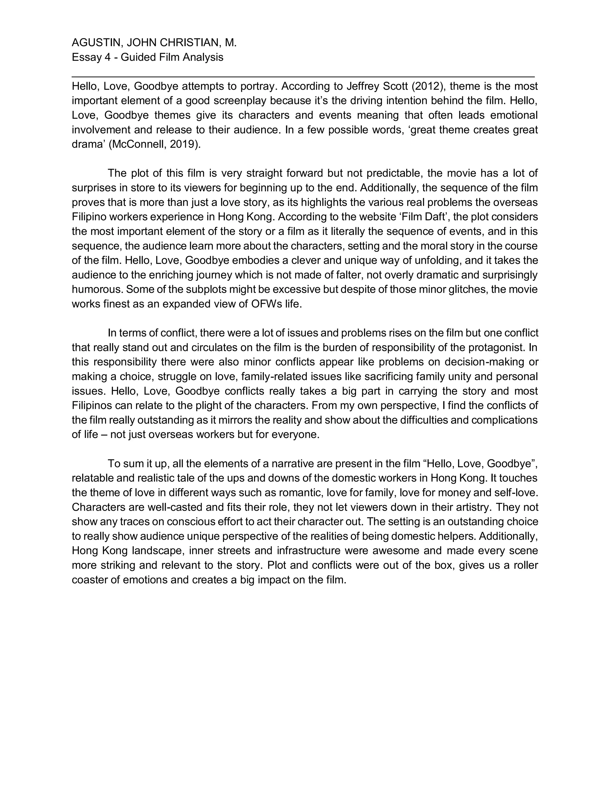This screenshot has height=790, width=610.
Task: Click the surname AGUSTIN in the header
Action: coord(96,43)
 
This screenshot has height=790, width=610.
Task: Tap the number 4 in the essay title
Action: coord(107,57)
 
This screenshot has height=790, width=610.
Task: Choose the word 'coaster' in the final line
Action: coord(94,580)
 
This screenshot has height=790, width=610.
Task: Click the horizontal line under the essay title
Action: coord(303,77)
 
